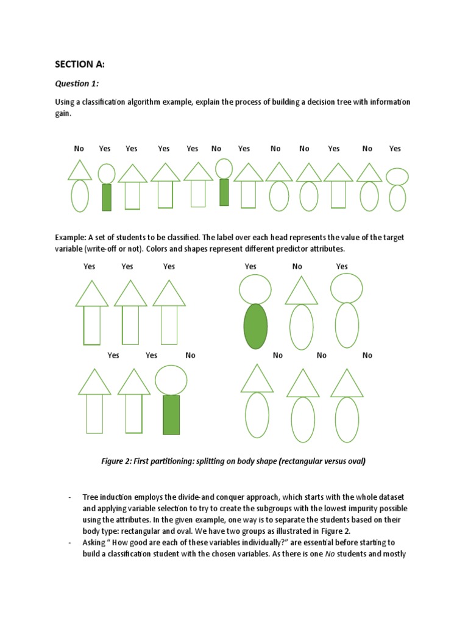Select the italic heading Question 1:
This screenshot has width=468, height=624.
pyautogui.click(x=77, y=83)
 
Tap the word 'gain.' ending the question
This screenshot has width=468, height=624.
pyautogui.click(x=63, y=114)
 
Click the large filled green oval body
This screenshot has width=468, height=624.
pyautogui.click(x=255, y=326)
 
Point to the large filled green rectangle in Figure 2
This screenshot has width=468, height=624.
pyautogui.click(x=171, y=414)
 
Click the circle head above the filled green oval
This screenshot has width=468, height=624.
pyautogui.click(x=255, y=289)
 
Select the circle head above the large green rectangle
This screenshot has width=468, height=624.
pyautogui.click(x=171, y=380)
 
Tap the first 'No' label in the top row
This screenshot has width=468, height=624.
pyautogui.click(x=79, y=148)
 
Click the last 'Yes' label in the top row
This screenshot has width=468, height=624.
pyautogui.click(x=395, y=148)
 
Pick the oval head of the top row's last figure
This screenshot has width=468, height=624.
pyautogui.click(x=397, y=176)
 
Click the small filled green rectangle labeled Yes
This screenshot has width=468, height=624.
pyautogui.click(x=107, y=197)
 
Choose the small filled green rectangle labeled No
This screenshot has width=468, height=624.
pyautogui.click(x=224, y=192)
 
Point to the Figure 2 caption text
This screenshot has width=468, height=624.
pyautogui.click(x=233, y=461)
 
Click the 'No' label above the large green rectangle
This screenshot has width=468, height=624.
pyautogui.click(x=190, y=355)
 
